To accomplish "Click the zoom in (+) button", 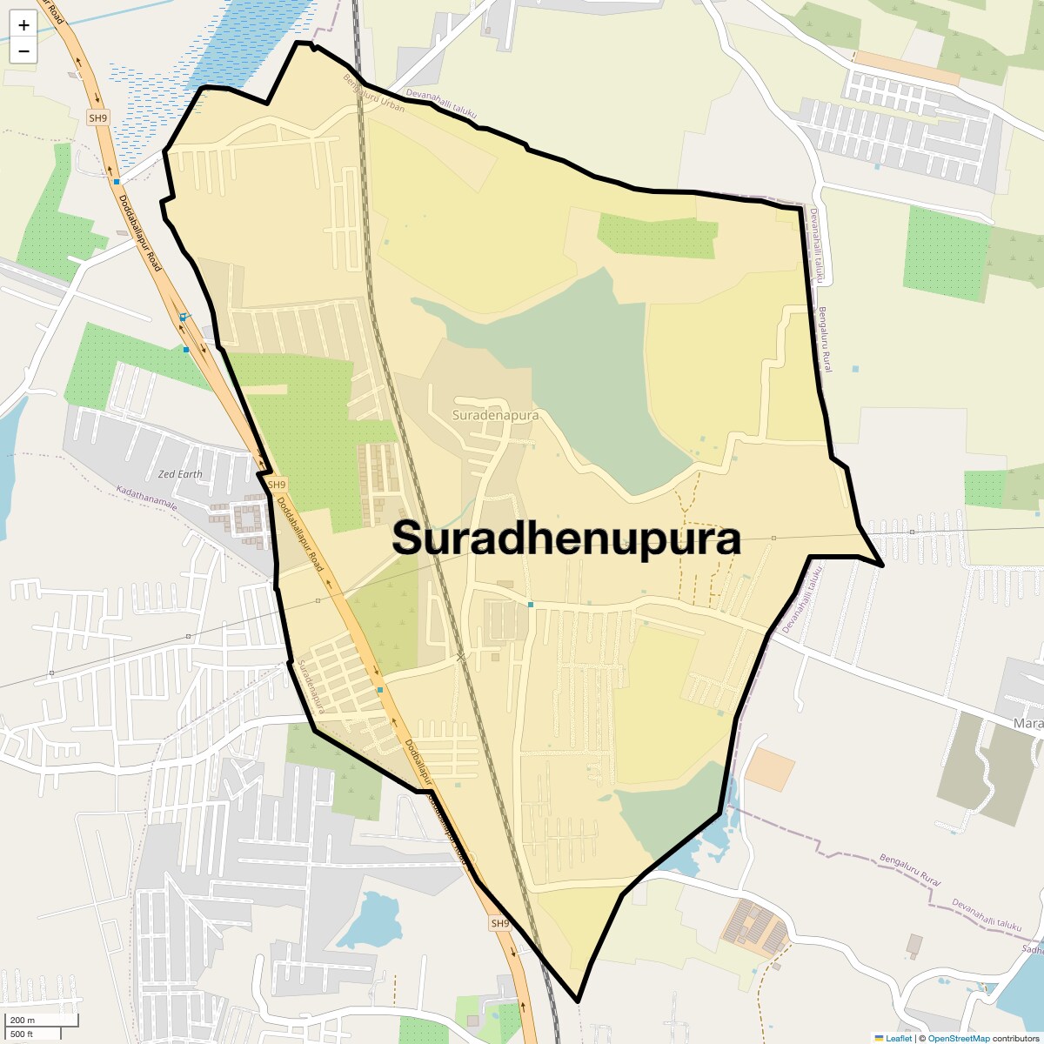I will pyautogui.click(x=23, y=25).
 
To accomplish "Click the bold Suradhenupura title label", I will pyautogui.click(x=566, y=539).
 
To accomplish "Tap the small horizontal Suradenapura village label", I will pyautogui.click(x=495, y=415).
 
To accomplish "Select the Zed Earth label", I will pyautogui.click(x=180, y=474).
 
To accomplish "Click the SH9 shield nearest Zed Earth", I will pyautogui.click(x=276, y=485).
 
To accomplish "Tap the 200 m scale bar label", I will pyautogui.click(x=23, y=1020).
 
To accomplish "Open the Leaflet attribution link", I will pyautogui.click(x=899, y=1038).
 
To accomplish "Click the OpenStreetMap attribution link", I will pyautogui.click(x=958, y=1038).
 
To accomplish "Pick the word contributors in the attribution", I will pyautogui.click(x=1015, y=1038).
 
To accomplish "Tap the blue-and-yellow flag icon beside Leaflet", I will pyautogui.click(x=879, y=1038).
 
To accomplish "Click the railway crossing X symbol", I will pyautogui.click(x=461, y=658).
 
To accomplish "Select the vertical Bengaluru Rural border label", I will pyautogui.click(x=823, y=339).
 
